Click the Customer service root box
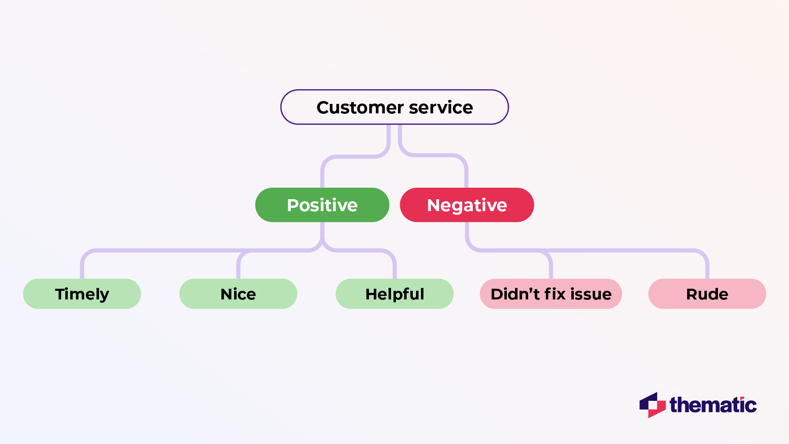pyautogui.click(x=394, y=107)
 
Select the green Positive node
pyautogui.click(x=322, y=205)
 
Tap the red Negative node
pyautogui.click(x=467, y=205)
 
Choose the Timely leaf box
pyautogui.click(x=82, y=294)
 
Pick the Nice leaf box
pyautogui.click(x=238, y=294)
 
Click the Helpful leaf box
pyautogui.click(x=394, y=294)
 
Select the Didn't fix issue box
pyautogui.click(x=551, y=294)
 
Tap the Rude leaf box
pyautogui.click(x=707, y=294)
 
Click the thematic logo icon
pyautogui.click(x=652, y=405)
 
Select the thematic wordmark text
pyautogui.click(x=713, y=405)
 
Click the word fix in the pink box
pyautogui.click(x=555, y=294)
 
